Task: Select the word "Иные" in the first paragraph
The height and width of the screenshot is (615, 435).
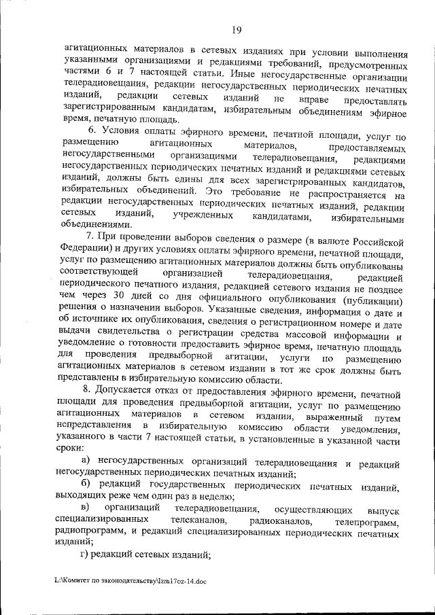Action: pos(243,75)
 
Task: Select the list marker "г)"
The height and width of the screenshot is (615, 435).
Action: pos(85,555)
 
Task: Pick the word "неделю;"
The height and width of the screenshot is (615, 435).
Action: pos(220,497)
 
